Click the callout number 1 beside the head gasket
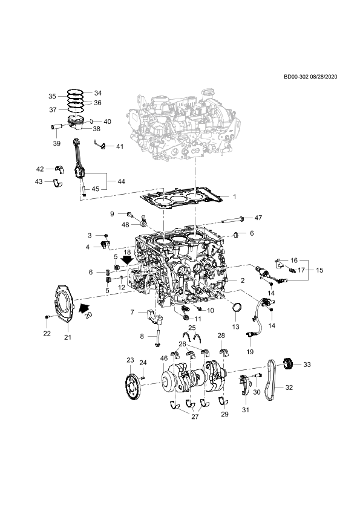click(235, 196)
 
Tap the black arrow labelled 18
click(127, 260)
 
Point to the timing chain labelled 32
click(270, 380)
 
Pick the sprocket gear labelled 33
click(288, 363)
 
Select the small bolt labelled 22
click(47, 317)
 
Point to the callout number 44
click(121, 181)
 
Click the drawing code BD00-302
click(296, 77)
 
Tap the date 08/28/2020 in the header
click(324, 77)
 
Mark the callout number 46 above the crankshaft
click(164, 358)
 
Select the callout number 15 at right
click(319, 270)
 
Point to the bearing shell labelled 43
click(58, 183)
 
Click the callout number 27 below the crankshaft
click(195, 417)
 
